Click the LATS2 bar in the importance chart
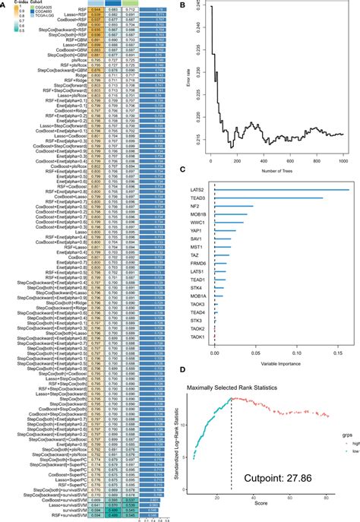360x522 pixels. click(281, 190)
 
